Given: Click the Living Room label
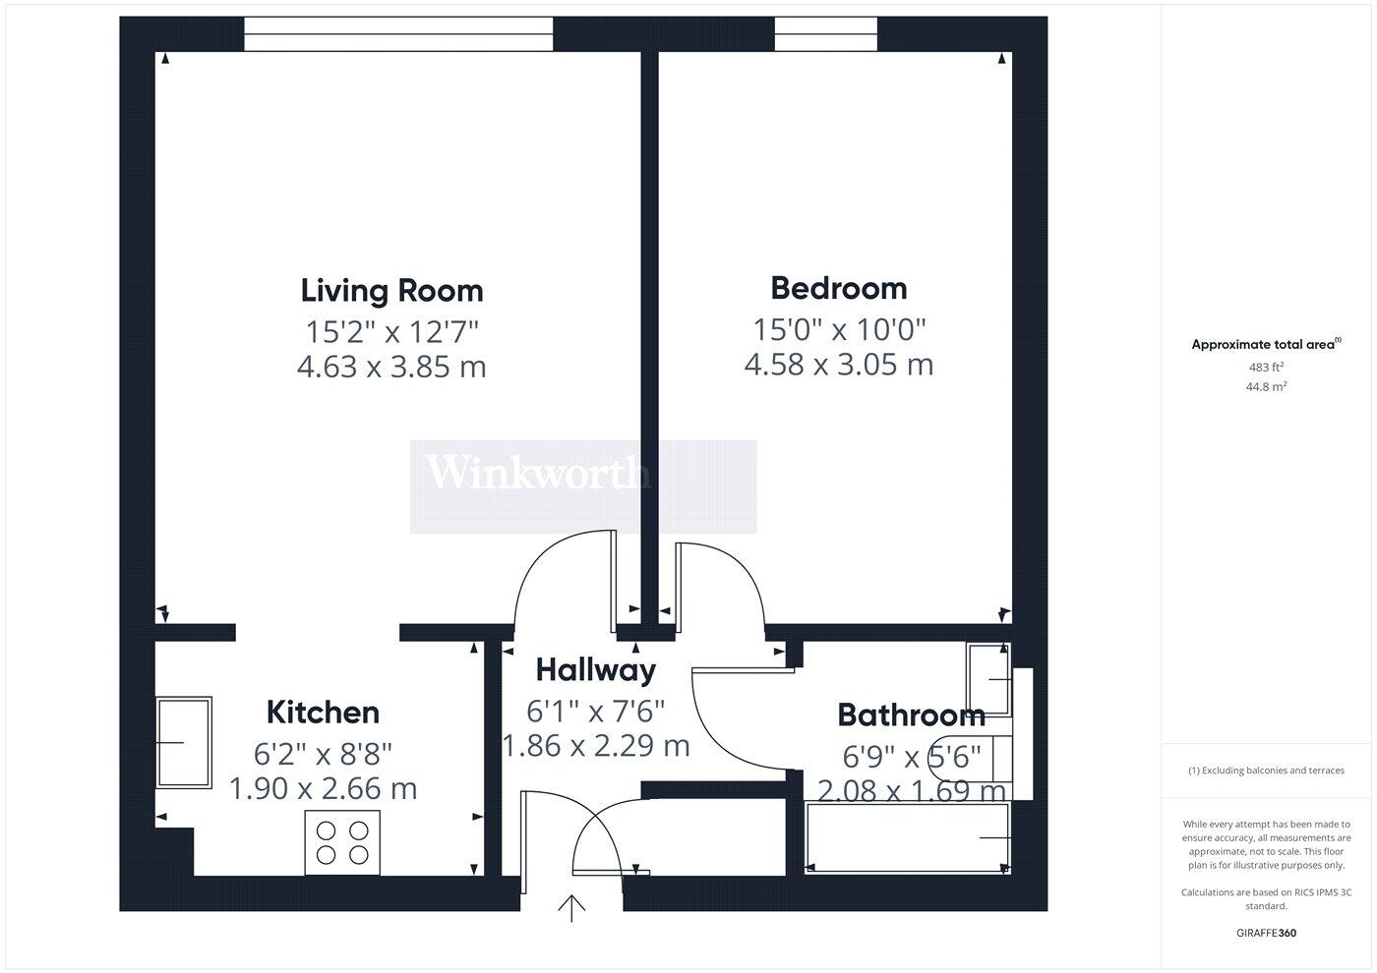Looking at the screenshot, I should (x=391, y=291).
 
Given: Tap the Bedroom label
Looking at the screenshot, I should (x=838, y=288).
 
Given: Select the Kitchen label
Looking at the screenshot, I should (x=323, y=712).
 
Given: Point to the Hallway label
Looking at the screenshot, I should (x=595, y=670).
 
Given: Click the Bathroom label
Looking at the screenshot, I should (x=910, y=715).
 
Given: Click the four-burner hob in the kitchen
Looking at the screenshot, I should (x=342, y=842).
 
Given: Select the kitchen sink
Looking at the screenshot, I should (x=184, y=742).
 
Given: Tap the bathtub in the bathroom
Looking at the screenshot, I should (x=907, y=837).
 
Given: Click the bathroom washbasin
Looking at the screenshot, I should (x=989, y=679).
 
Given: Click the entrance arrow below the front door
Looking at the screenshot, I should (x=571, y=909).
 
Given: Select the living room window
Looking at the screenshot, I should (x=398, y=34).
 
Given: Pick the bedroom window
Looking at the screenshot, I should (x=826, y=34).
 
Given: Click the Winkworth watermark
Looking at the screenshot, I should (x=536, y=474).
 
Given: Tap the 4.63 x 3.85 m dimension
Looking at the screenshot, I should (x=391, y=368).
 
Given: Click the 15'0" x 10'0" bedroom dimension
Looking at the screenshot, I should (x=839, y=328).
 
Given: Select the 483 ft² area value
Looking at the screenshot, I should (x=1266, y=367).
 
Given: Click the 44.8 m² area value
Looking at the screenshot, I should (x=1266, y=387).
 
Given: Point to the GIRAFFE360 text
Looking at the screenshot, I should (x=1266, y=933).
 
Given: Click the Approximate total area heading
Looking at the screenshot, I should (x=1265, y=344).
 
